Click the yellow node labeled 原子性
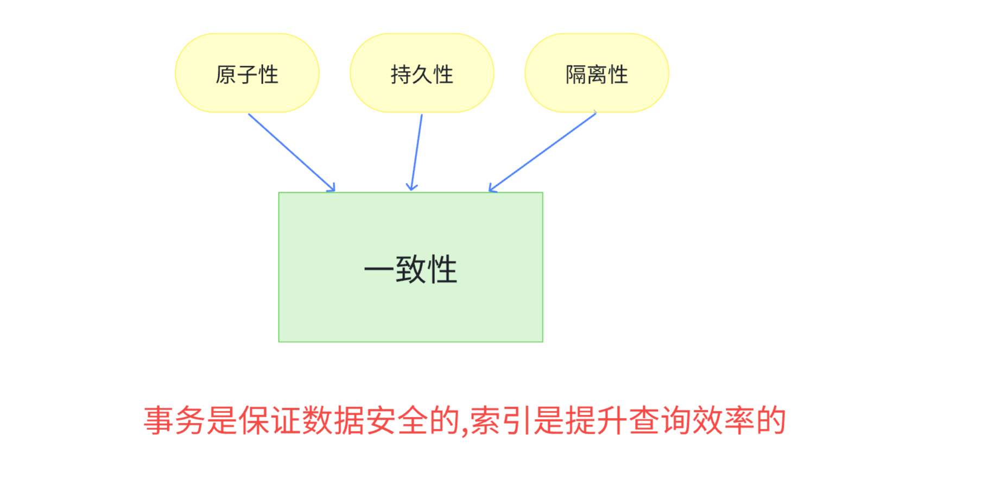[247, 73]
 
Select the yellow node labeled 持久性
[422, 73]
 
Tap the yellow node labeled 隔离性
[597, 73]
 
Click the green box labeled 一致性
[410, 304]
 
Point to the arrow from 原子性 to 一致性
[292, 152]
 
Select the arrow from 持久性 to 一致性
[417, 152]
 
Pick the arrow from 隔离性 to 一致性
[543, 152]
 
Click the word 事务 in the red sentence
[175, 421]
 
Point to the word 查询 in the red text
[661, 421]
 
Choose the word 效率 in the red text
[724, 421]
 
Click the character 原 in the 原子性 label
[226, 74]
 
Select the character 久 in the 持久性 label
[422, 74]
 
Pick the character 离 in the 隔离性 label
[597, 74]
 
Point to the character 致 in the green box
[410, 269]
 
